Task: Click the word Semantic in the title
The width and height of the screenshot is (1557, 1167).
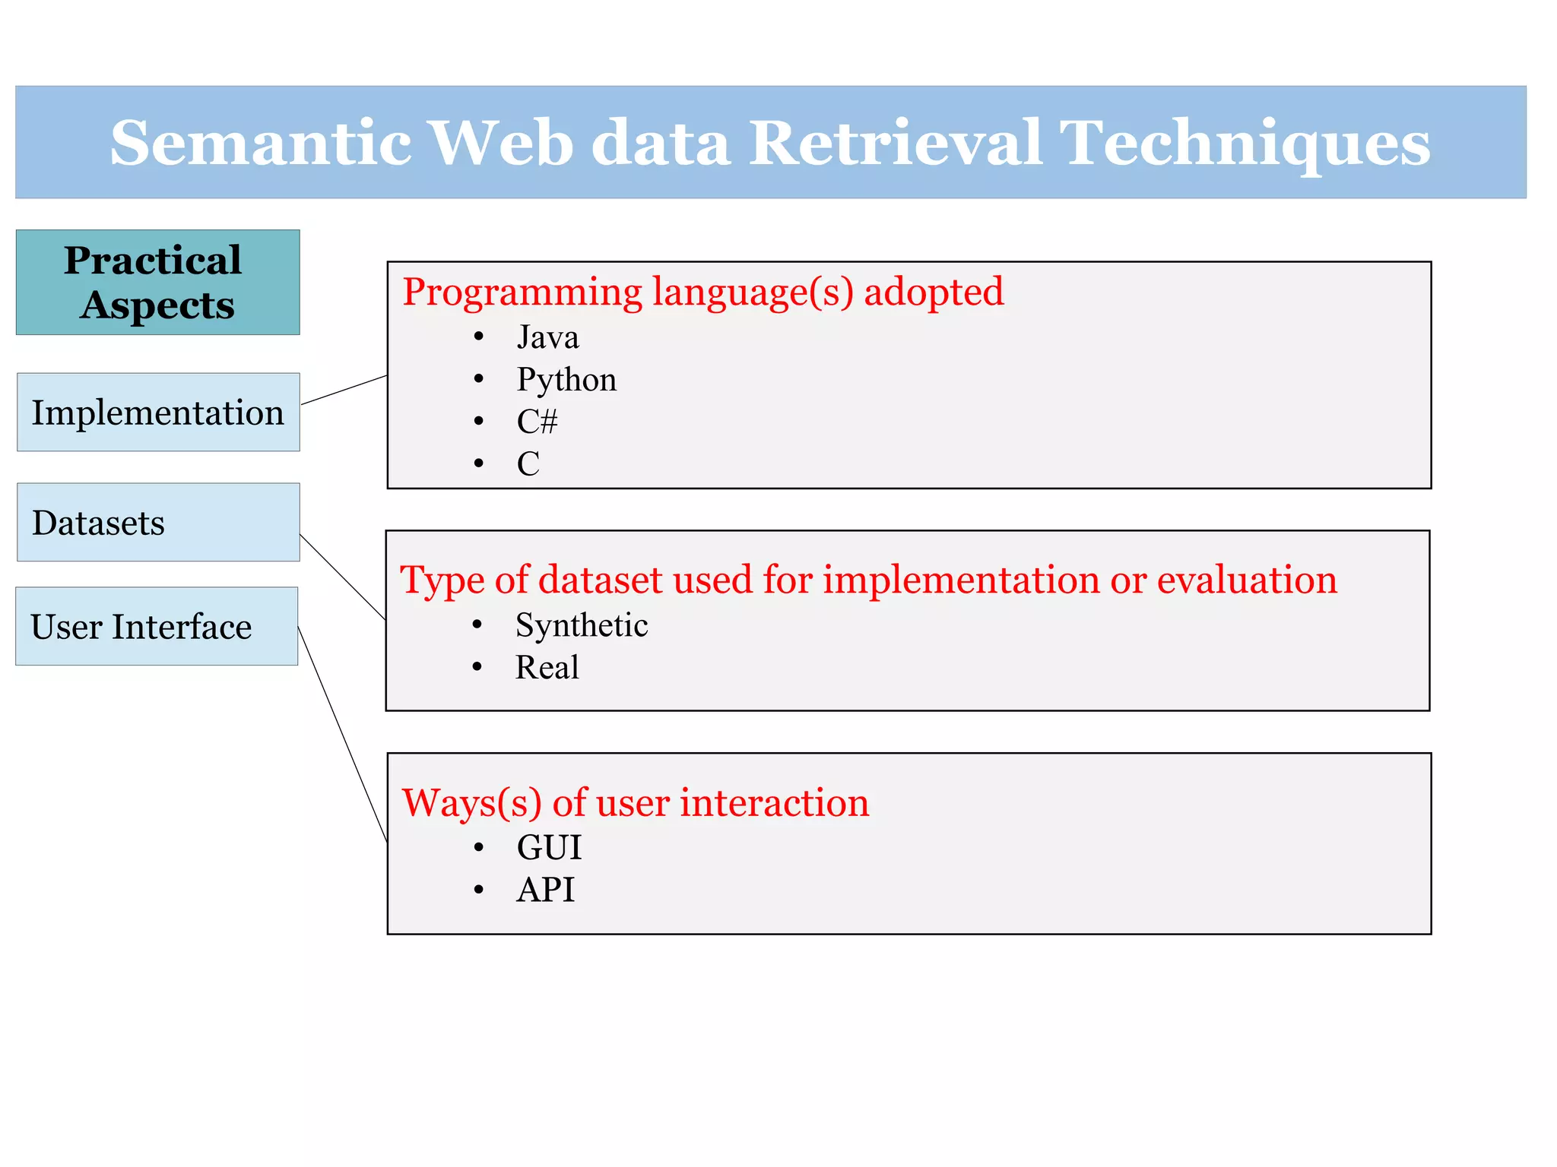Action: click(260, 143)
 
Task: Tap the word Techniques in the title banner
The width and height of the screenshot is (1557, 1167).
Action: click(1244, 143)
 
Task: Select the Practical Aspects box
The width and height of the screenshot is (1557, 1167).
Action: click(157, 282)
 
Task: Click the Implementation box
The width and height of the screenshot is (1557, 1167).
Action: click(157, 412)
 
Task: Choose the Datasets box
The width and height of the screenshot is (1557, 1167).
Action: click(157, 522)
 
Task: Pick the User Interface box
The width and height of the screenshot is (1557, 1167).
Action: click(156, 626)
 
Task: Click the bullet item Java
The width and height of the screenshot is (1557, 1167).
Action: click(547, 337)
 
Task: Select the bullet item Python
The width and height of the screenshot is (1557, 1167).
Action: click(566, 380)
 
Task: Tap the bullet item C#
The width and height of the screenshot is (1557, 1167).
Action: click(537, 422)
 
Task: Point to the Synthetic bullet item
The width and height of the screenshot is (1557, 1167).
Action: click(582, 625)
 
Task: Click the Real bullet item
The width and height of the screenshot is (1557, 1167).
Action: click(547, 668)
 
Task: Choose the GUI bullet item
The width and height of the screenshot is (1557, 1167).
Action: click(549, 847)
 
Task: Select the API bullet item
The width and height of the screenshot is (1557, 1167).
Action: click(545, 890)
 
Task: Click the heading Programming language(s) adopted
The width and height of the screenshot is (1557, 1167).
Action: click(702, 293)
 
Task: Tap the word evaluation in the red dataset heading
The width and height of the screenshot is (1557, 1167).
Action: click(1246, 580)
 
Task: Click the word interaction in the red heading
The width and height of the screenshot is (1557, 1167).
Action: click(774, 803)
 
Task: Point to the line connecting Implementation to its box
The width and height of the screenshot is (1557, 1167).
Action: click(344, 390)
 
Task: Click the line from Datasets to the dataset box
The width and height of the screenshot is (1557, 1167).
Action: click(343, 577)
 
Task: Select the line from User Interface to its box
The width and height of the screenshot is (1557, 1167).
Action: click(342, 733)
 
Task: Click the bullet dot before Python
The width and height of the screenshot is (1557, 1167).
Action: click(478, 379)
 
